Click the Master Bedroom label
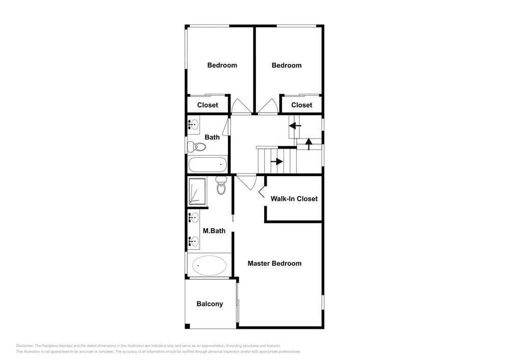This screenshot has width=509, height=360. [274, 263]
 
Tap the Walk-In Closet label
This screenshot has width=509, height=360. [294, 199]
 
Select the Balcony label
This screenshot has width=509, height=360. [210, 304]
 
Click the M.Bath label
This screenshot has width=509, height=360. [214, 231]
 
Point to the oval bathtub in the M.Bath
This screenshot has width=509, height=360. [209, 265]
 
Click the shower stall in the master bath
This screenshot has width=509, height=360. [197, 191]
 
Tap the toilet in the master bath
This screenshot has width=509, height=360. [221, 185]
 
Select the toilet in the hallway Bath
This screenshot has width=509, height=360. [196, 147]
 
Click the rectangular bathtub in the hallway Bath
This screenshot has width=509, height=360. [208, 164]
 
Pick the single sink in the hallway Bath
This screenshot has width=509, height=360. [194, 124]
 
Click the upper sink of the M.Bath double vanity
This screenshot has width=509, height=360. [194, 217]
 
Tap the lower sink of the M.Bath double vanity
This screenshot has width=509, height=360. [194, 241]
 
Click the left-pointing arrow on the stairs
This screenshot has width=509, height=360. [295, 126]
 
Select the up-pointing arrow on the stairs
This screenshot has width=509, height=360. [309, 144]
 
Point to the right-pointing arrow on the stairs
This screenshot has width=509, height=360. [277, 161]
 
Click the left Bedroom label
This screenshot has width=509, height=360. [222, 65]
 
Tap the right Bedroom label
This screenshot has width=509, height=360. [287, 65]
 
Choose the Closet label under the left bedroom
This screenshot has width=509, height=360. [208, 105]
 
